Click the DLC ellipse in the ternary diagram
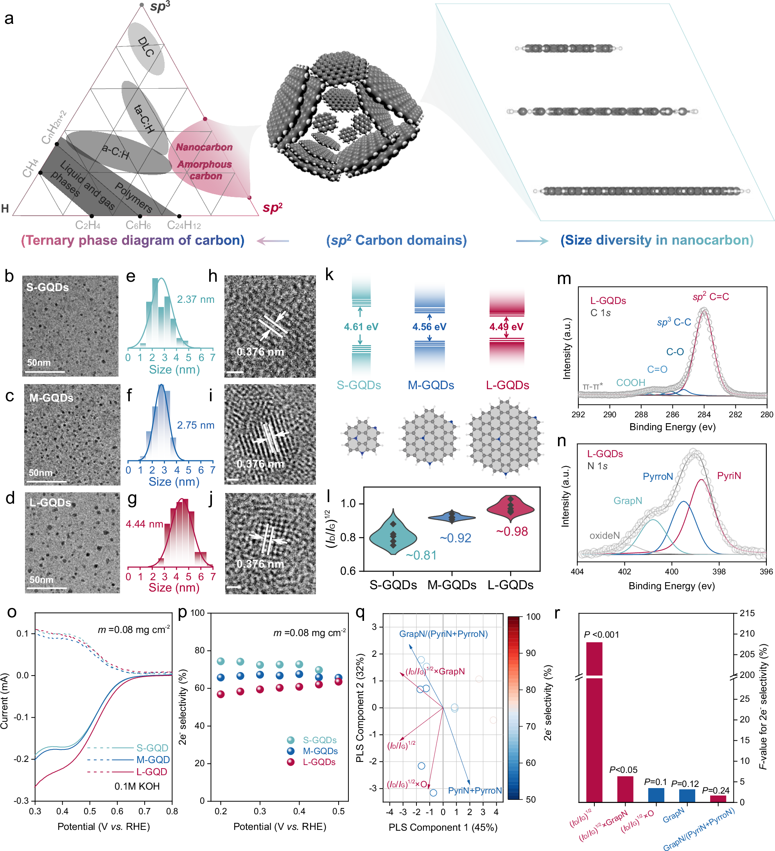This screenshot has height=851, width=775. [x=146, y=48]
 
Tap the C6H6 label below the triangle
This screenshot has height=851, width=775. [x=138, y=225]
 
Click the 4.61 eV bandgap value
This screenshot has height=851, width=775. [x=361, y=327]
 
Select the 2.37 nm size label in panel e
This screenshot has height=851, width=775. [x=196, y=299]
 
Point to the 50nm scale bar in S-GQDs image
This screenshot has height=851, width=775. [x=44, y=372]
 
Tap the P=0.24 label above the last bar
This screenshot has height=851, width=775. [x=716, y=790]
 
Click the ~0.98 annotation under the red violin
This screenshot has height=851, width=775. [x=512, y=531]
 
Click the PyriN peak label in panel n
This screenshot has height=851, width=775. [x=728, y=476]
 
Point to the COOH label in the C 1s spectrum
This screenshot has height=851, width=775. [x=631, y=383]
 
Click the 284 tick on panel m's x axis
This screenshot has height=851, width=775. [x=703, y=415]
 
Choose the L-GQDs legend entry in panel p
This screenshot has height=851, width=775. [x=319, y=762]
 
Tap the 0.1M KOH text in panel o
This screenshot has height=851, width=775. [x=137, y=787]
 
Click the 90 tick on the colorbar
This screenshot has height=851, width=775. [x=531, y=653]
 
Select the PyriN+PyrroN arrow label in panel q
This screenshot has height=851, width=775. [x=475, y=790]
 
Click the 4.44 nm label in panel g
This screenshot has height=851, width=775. [x=144, y=524]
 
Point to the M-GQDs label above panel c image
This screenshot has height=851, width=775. [x=51, y=398]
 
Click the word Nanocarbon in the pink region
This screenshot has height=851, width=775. [x=204, y=147]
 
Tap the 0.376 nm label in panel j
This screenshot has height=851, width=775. [x=260, y=564]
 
